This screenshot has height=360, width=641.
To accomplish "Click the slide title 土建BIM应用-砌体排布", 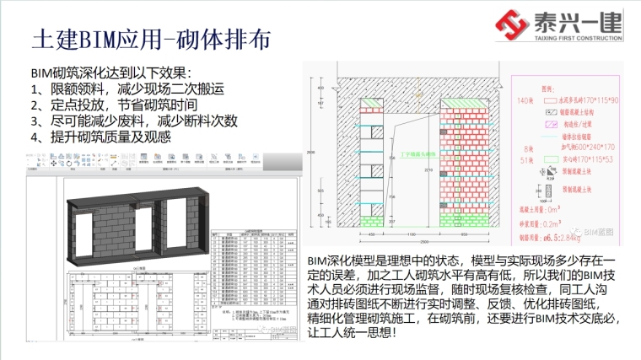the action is point(151,40).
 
